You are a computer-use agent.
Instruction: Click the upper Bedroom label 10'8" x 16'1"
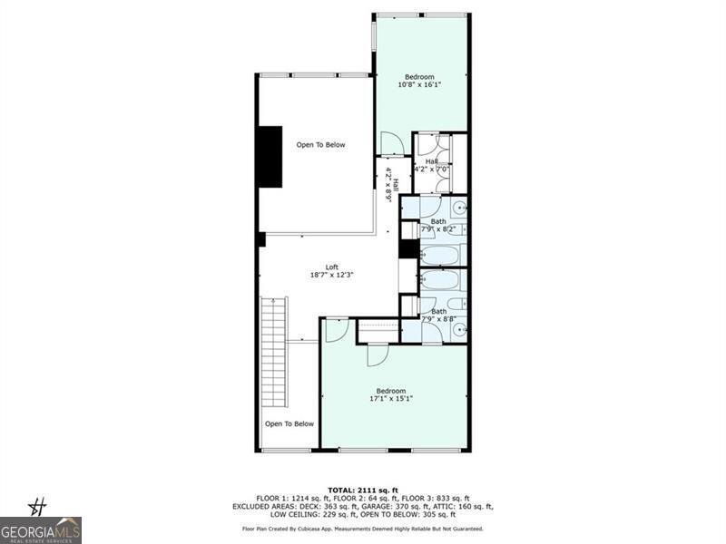point(419,81)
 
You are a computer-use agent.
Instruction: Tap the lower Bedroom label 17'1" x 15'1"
point(391,394)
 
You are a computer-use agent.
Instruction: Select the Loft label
point(332,270)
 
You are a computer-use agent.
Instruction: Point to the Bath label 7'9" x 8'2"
point(438,225)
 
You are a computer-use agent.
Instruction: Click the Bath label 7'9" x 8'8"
point(438,316)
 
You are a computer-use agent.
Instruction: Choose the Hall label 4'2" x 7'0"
point(431,165)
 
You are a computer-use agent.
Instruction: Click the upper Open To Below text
point(320,145)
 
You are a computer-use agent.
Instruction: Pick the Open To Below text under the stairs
point(289,423)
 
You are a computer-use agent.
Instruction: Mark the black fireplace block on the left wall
point(270,157)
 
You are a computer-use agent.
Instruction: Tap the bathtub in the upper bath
point(442,253)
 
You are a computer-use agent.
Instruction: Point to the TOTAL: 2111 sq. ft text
point(362,490)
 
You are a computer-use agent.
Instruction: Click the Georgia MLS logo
point(41,529)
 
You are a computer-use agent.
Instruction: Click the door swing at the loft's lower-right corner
point(336,328)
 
